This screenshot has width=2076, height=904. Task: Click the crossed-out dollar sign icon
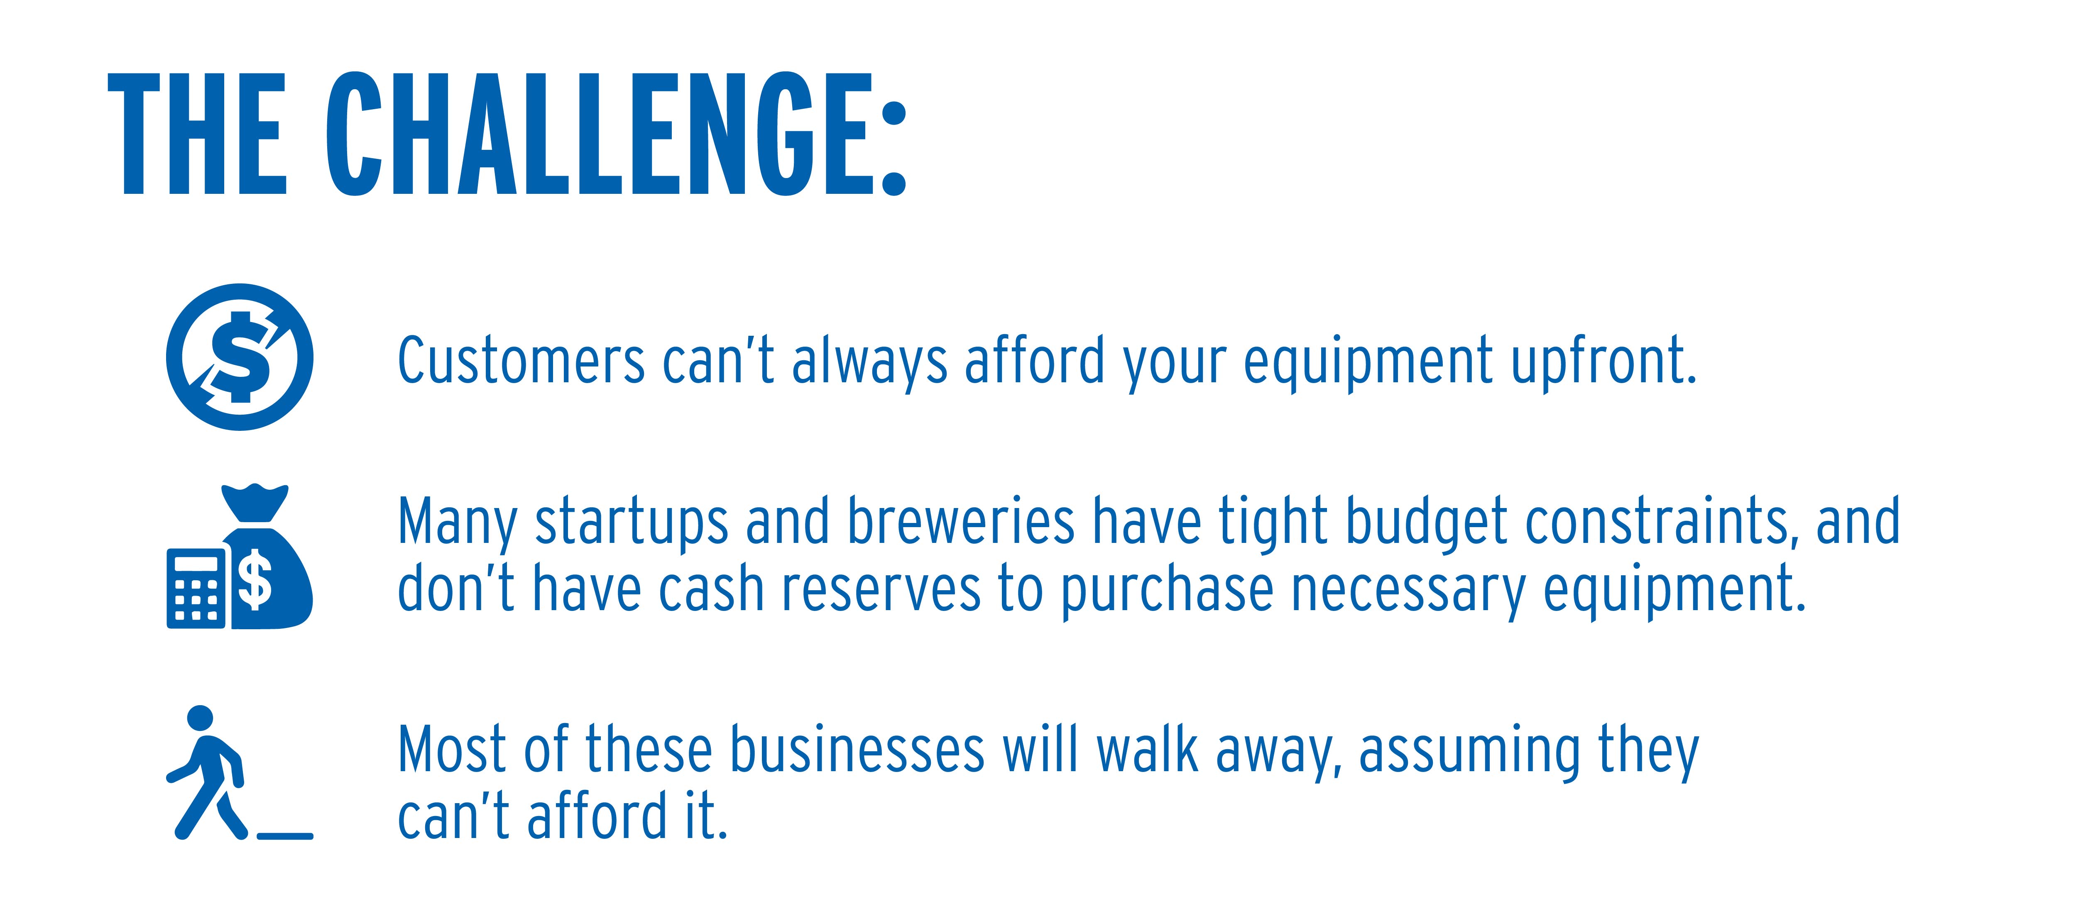pyautogui.click(x=239, y=357)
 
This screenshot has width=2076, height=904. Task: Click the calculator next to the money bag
pyautogui.click(x=196, y=588)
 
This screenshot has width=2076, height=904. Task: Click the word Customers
pyautogui.click(x=521, y=360)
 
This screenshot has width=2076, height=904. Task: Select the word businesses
pyautogui.click(x=857, y=749)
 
